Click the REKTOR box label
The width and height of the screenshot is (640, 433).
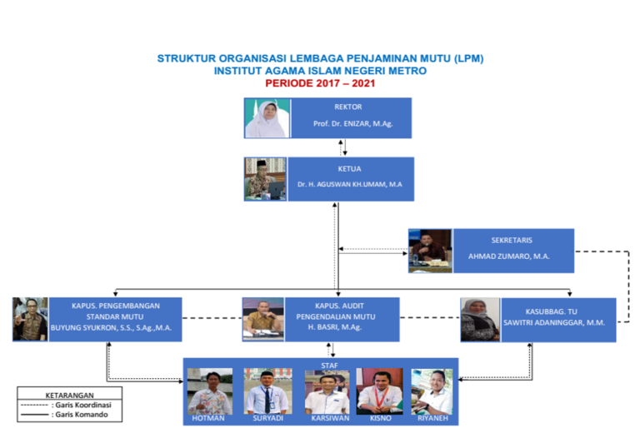pyautogui.click(x=347, y=107)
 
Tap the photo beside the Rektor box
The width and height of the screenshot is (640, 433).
pyautogui.click(x=267, y=118)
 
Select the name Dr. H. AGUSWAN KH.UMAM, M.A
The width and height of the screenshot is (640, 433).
pyautogui.click(x=349, y=184)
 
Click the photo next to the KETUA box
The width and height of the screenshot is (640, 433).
pyautogui.click(x=265, y=179)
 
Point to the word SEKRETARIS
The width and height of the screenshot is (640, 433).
pyautogui.click(x=512, y=240)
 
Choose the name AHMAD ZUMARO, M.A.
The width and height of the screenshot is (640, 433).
pyautogui.click(x=508, y=256)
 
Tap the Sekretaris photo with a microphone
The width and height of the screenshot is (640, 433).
pyautogui.click(x=430, y=251)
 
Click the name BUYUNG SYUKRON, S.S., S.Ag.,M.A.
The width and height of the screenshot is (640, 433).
pyautogui.click(x=111, y=328)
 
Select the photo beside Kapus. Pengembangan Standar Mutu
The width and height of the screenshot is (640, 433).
pyautogui.click(x=30, y=319)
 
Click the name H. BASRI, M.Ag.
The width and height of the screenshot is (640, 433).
pyautogui.click(x=335, y=327)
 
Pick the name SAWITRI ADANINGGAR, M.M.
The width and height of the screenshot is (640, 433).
pyautogui.click(x=554, y=322)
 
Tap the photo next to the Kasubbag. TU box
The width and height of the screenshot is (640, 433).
pyautogui.click(x=480, y=319)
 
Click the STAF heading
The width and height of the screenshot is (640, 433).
pyautogui.click(x=329, y=366)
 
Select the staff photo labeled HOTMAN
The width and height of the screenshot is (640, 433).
pyautogui.click(x=210, y=391)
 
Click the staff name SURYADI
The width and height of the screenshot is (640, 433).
pyautogui.click(x=267, y=418)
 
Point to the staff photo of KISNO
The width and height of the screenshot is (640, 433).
pyautogui.click(x=380, y=391)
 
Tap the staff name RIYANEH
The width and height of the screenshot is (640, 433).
pyautogui.click(x=432, y=418)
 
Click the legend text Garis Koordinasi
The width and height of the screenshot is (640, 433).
pyautogui.click(x=83, y=405)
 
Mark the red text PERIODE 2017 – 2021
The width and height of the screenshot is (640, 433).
pyautogui.click(x=320, y=83)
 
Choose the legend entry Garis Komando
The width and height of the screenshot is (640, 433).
pyautogui.click(x=64, y=415)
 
